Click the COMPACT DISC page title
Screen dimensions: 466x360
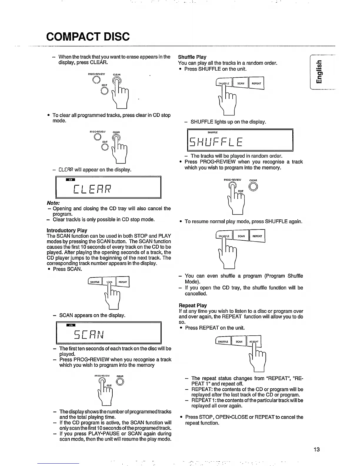tap(88, 36)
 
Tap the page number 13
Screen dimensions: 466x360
tap(316, 449)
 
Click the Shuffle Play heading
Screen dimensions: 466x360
tap(192, 57)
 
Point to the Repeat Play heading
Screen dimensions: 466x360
tap(193, 305)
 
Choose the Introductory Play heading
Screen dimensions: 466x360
tap(67, 230)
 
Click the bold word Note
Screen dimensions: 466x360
tap(53, 203)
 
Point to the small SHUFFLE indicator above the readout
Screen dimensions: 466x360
tap(212, 132)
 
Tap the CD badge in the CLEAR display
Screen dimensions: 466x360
tap(71, 180)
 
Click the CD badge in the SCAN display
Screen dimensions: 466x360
tap(71, 325)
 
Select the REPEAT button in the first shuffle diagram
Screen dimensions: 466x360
tap(256, 83)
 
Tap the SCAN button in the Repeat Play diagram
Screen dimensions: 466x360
tap(239, 342)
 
